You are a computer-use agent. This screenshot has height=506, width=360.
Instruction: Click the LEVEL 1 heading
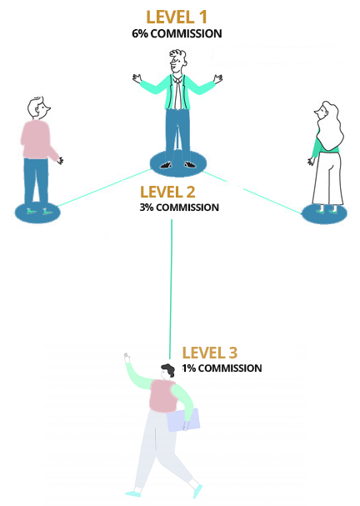(x=177, y=18)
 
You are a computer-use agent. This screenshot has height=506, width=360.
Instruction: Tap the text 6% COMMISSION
(x=177, y=33)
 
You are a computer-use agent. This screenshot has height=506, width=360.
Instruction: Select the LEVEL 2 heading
(x=167, y=192)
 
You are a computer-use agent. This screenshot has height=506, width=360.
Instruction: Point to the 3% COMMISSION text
(x=179, y=208)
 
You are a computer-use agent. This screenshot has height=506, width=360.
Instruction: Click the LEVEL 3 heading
(x=210, y=353)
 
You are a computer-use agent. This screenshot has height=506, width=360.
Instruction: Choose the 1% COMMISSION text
(x=222, y=368)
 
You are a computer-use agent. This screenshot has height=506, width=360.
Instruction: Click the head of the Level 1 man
(x=177, y=61)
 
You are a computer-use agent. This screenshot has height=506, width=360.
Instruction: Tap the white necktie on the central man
(x=177, y=93)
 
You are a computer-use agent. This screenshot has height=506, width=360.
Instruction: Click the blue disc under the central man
(x=178, y=163)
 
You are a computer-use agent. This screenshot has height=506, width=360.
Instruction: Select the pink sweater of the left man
(x=36, y=139)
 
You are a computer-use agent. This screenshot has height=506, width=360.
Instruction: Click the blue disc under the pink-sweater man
(x=37, y=212)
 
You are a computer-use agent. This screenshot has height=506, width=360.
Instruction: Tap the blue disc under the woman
(x=324, y=213)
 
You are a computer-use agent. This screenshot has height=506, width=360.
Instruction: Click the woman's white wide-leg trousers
(x=327, y=178)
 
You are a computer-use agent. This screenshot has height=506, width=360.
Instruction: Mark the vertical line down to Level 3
(x=171, y=289)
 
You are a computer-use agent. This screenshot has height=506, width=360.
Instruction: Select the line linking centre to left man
(x=104, y=188)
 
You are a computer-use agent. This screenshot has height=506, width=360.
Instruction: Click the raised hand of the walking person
(x=127, y=357)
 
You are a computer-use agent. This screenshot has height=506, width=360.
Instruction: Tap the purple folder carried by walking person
(x=182, y=420)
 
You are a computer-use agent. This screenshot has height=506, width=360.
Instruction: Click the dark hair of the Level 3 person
(x=168, y=369)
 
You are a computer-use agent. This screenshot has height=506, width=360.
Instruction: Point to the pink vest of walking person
(x=162, y=396)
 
